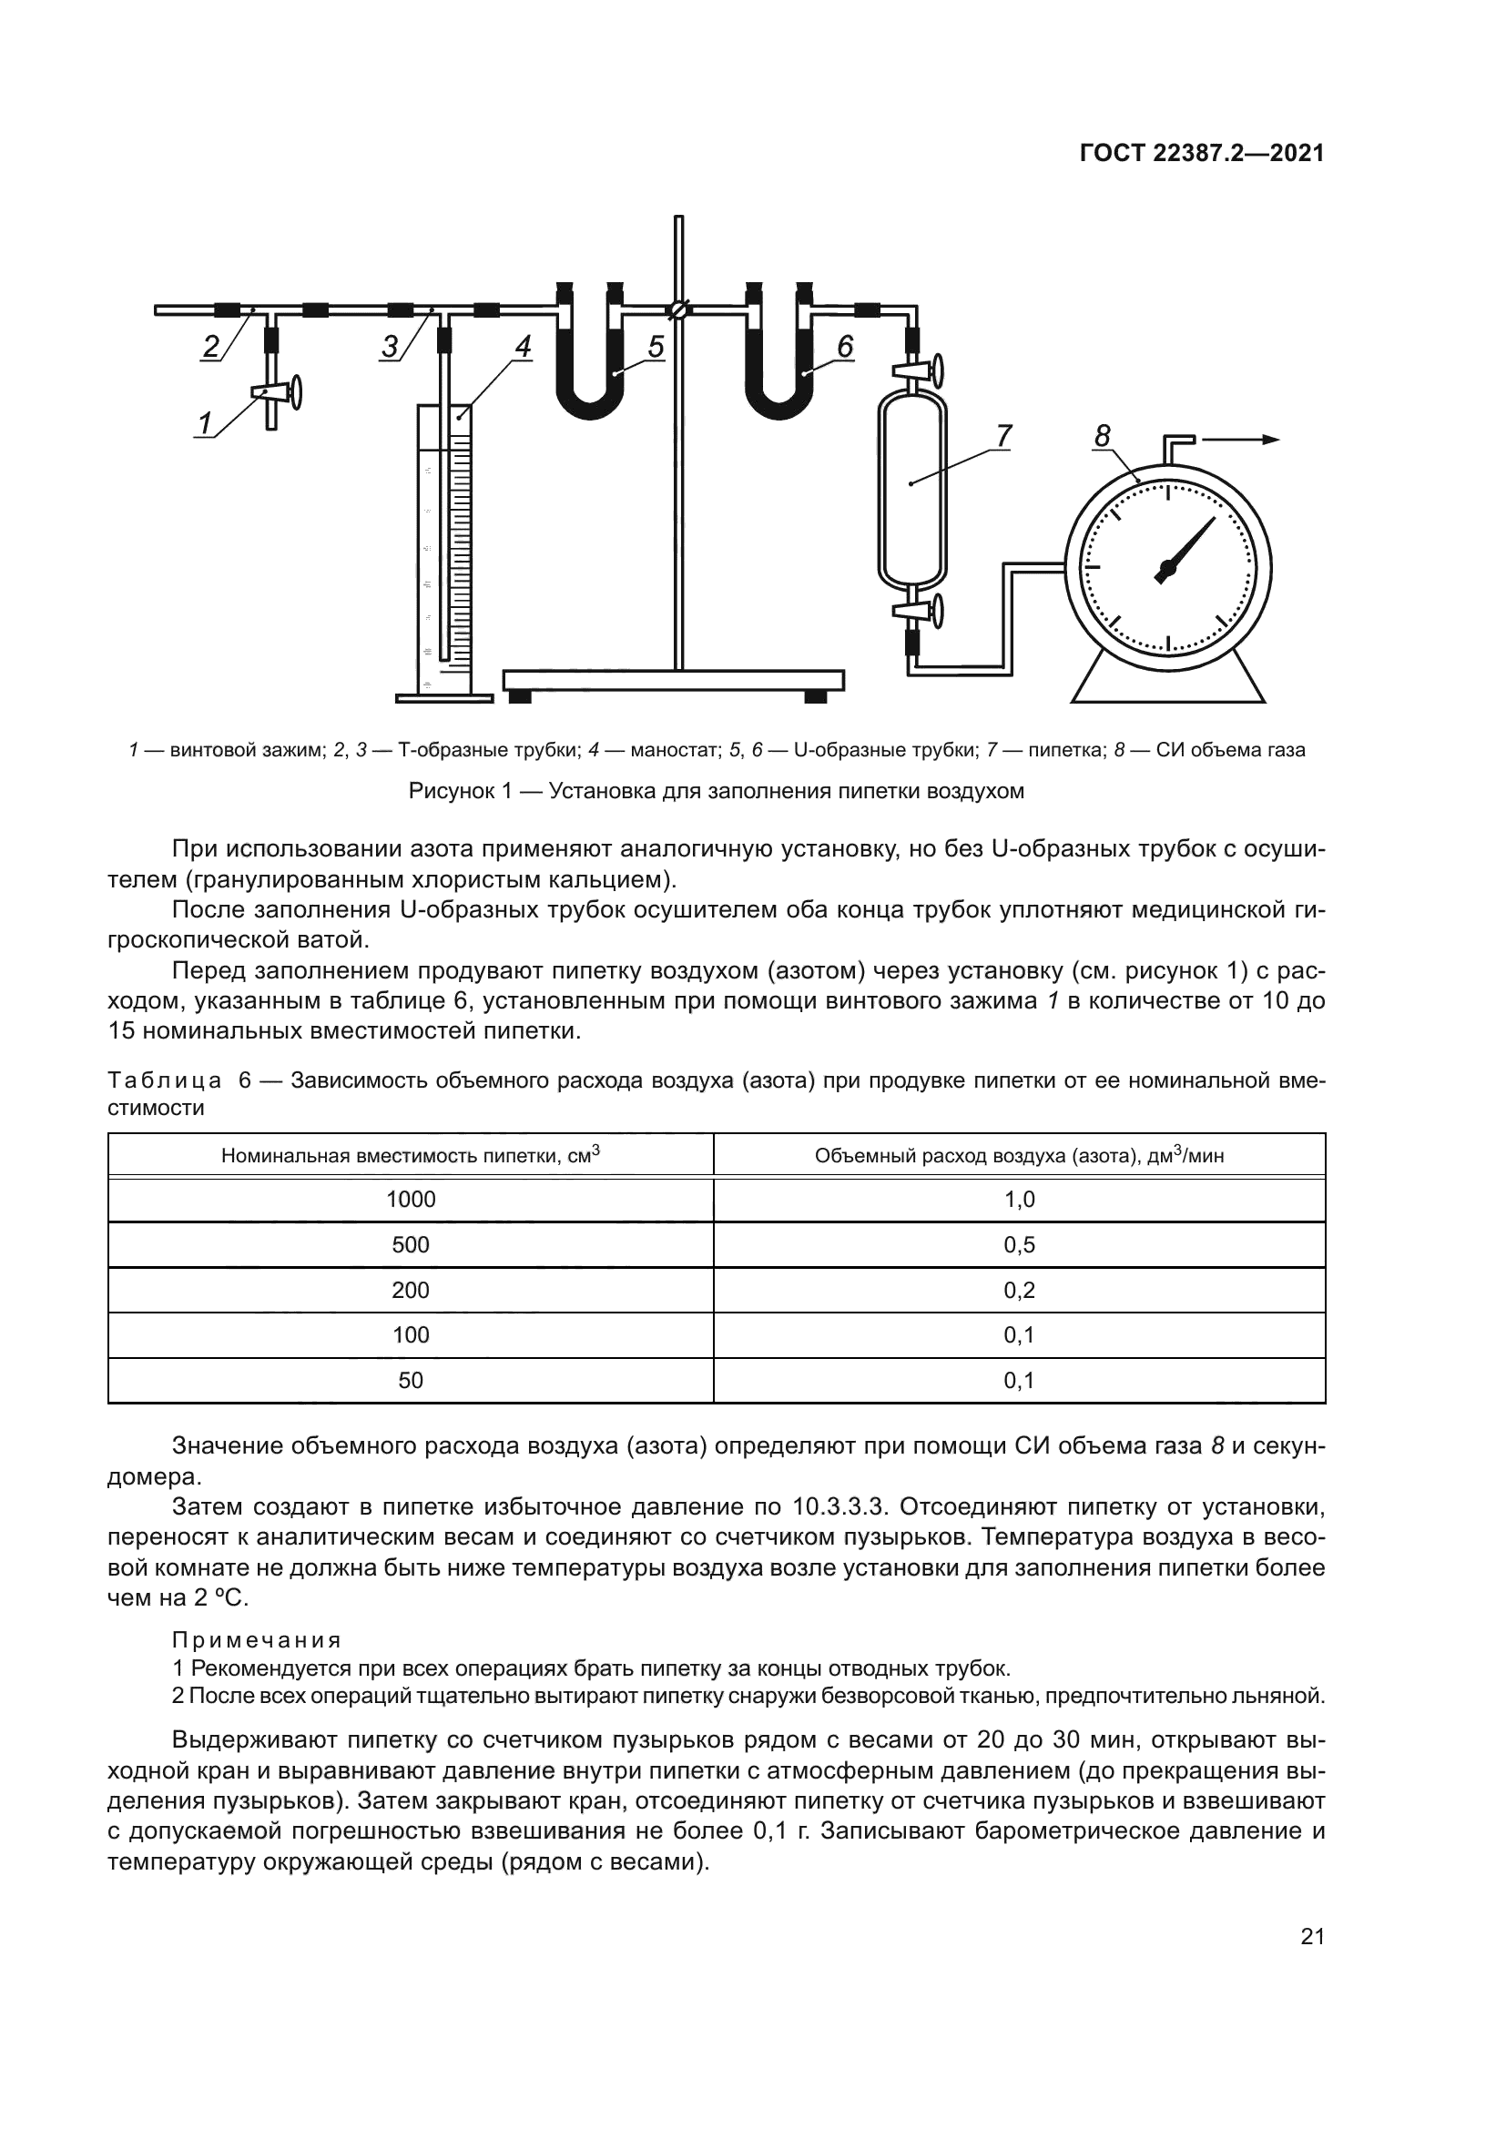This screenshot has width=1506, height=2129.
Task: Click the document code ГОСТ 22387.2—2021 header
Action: pyautogui.click(x=1202, y=153)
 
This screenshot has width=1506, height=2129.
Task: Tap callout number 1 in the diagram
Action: pyautogui.click(x=205, y=424)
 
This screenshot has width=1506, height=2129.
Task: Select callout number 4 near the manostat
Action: pyautogui.click(x=523, y=347)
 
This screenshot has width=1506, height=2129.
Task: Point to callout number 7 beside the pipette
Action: pyautogui.click(x=1004, y=435)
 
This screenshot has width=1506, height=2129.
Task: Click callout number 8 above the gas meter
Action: pyautogui.click(x=1102, y=435)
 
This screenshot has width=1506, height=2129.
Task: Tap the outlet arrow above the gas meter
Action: pyautogui.click(x=1243, y=440)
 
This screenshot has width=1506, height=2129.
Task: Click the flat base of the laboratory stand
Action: pyautogui.click(x=673, y=681)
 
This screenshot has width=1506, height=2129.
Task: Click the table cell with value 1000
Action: pyautogui.click(x=411, y=1200)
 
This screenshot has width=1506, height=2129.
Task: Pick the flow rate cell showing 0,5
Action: pyautogui.click(x=1019, y=1244)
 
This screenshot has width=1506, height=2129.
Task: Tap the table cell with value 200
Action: pyautogui.click(x=411, y=1290)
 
